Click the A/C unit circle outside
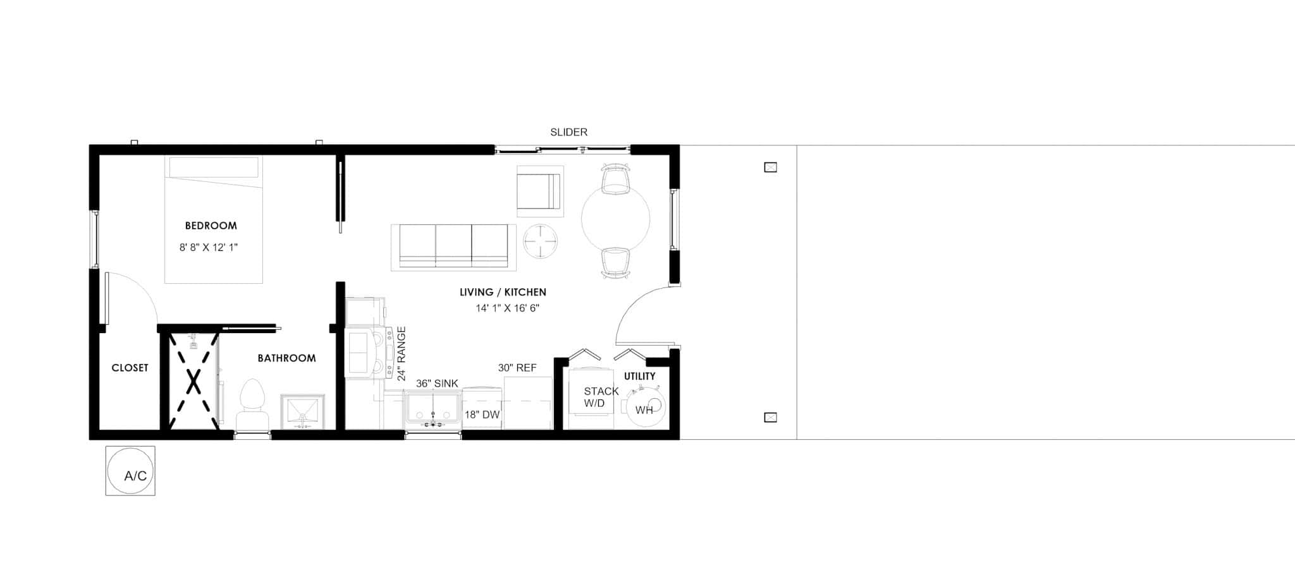pyautogui.click(x=130, y=471)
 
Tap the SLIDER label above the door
pyautogui.click(x=568, y=132)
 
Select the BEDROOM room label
pyautogui.click(x=211, y=226)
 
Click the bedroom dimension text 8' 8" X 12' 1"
pyautogui.click(x=209, y=248)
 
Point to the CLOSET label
pyautogui.click(x=130, y=368)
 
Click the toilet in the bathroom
pyautogui.click(x=252, y=404)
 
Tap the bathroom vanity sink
pyautogui.click(x=302, y=411)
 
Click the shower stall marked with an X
pyautogui.click(x=193, y=381)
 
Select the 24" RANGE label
pyautogui.click(x=401, y=354)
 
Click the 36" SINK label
pyautogui.click(x=437, y=384)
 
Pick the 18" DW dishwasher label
pyautogui.click(x=482, y=415)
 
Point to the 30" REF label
pyautogui.click(x=517, y=368)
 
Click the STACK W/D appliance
pyautogui.click(x=592, y=398)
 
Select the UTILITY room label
pyautogui.click(x=640, y=376)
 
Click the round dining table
pyautogui.click(x=615, y=219)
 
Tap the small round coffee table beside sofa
pyautogui.click(x=540, y=241)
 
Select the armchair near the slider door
pyautogui.click(x=539, y=190)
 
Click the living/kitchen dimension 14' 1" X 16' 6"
pyautogui.click(x=507, y=308)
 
